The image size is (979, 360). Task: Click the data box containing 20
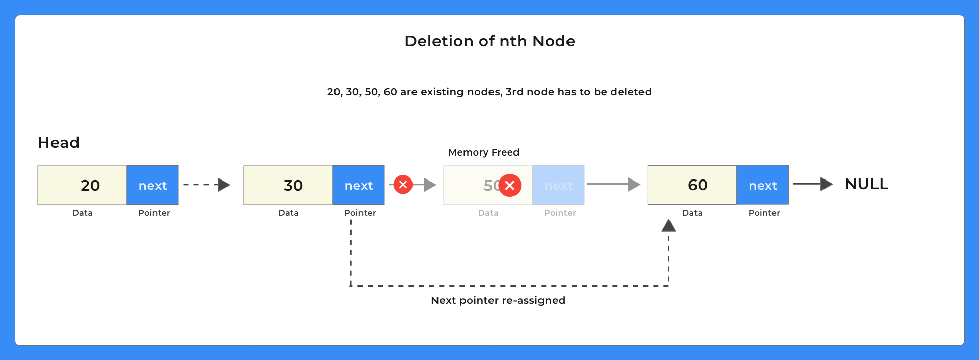click(x=82, y=185)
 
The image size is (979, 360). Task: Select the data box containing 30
click(x=288, y=185)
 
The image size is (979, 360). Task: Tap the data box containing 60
click(x=692, y=185)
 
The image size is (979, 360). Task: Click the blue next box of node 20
click(x=152, y=185)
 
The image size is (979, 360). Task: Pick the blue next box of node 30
click(x=358, y=185)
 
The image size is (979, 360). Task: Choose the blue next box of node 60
click(x=762, y=185)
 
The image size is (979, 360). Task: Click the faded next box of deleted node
click(x=558, y=185)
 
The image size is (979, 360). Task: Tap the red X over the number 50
click(x=509, y=185)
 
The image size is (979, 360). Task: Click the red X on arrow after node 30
click(x=403, y=185)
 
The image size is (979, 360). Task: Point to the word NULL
click(x=866, y=184)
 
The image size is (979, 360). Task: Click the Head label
click(x=59, y=143)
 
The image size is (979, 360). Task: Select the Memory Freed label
click(x=483, y=152)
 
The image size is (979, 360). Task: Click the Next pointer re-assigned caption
click(x=498, y=300)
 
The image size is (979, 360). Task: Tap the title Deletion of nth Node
click(x=489, y=41)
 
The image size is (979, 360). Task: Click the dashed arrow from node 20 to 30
click(x=207, y=185)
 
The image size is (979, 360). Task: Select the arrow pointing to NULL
click(x=812, y=184)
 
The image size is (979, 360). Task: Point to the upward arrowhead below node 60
click(x=668, y=225)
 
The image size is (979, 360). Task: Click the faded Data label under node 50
click(x=488, y=213)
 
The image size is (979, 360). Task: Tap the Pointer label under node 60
click(x=764, y=213)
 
